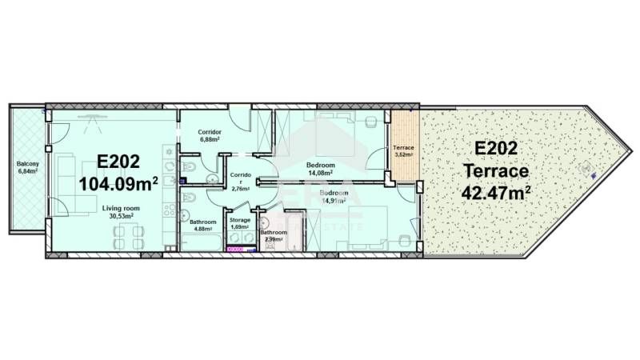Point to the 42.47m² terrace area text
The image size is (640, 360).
[x=496, y=192]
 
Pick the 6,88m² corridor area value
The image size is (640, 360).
[x=210, y=139]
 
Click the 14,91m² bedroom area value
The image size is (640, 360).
[x=334, y=201]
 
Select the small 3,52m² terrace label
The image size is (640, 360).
[x=402, y=154]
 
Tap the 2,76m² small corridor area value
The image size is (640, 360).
[x=241, y=189]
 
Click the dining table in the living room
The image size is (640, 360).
[x=129, y=237]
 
